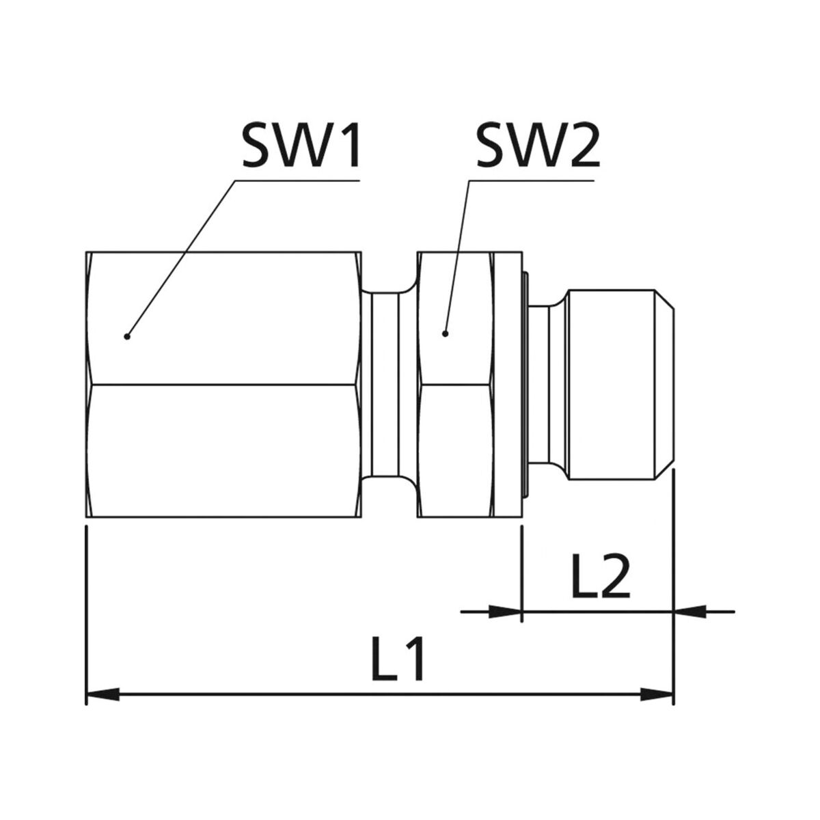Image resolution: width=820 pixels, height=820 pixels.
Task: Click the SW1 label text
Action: (301, 146)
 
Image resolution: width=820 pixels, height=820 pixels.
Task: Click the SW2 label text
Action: (538, 146)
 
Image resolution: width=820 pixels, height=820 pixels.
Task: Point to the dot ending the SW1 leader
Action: (126, 337)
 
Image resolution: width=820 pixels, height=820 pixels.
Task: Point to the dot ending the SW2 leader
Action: (446, 333)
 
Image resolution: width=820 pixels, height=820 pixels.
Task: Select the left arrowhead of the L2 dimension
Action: (506, 612)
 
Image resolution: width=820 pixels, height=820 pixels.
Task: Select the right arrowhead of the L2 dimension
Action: (690, 612)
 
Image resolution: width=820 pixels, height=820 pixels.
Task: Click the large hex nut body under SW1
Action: (224, 384)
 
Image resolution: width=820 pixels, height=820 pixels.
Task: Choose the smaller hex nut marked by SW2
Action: (456, 384)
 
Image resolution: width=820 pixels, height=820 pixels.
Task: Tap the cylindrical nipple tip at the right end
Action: (620, 384)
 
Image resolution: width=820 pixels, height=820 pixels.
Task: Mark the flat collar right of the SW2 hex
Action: (509, 384)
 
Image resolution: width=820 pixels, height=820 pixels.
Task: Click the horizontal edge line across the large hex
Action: (224, 385)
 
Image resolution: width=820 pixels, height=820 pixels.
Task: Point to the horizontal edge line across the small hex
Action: (456, 385)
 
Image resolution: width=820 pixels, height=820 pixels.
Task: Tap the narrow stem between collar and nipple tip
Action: (547, 384)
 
